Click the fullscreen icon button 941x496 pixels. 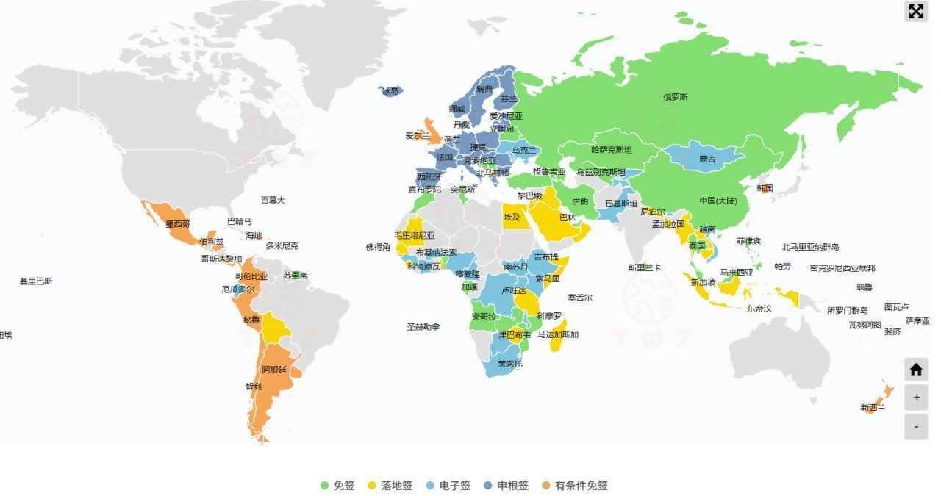915,11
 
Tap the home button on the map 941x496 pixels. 915,370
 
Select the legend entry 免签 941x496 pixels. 337,486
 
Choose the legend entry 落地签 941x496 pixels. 390,486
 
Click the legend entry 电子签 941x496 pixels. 448,486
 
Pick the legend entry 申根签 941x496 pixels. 506,486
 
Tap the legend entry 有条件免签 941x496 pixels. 574,486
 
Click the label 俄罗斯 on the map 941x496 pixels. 675,97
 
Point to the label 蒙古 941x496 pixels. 707,159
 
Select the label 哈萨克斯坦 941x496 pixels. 611,150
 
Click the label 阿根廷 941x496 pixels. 274,370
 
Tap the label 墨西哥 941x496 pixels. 178,223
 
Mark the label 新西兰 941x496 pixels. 873,408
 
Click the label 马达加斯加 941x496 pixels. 557,335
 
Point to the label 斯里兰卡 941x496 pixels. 644,267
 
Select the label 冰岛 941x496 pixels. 390,91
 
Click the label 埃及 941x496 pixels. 512,217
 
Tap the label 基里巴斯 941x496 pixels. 36,281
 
